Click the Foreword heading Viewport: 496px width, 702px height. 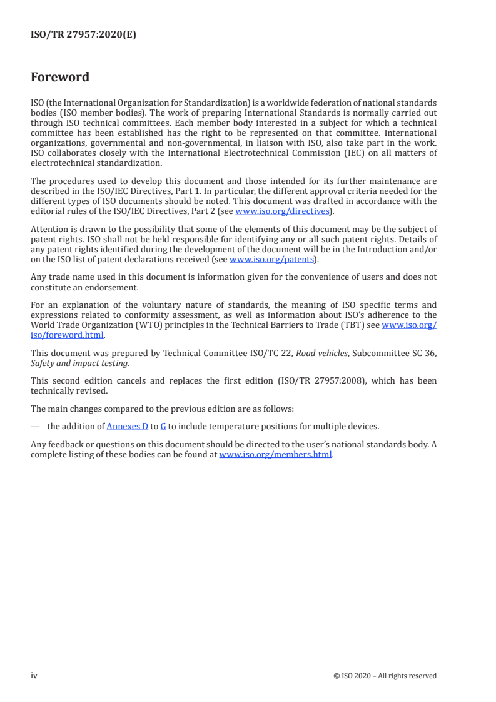point(60,78)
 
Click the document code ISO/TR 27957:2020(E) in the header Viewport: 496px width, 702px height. point(83,35)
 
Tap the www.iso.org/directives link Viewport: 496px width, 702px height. point(282,211)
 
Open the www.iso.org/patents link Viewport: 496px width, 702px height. point(271,260)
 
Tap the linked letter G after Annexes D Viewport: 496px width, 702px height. point(163,426)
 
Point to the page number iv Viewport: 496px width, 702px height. point(34,675)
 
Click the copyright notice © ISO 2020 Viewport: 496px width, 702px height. point(385,676)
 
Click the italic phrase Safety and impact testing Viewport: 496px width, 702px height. point(66,362)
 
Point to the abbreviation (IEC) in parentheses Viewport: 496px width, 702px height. point(367,153)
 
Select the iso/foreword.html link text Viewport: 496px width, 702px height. point(68,334)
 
